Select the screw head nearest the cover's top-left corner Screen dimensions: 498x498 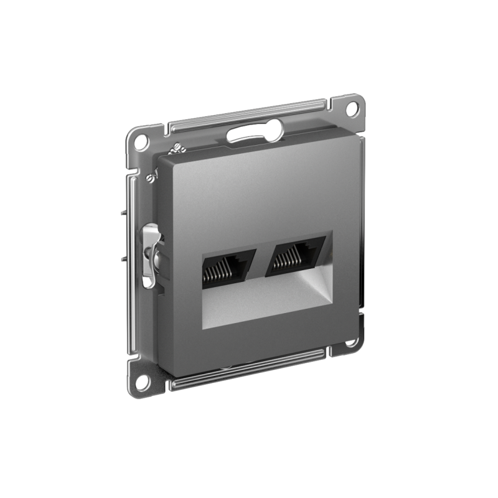[176, 149]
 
